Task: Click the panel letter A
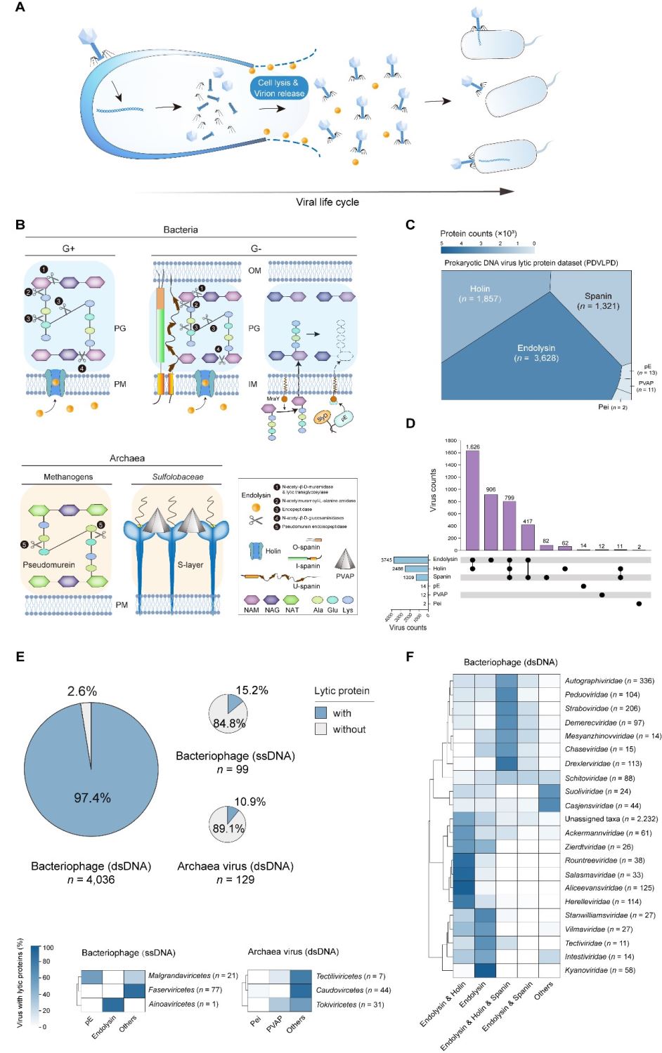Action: point(20,8)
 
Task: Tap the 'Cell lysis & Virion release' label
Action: point(279,88)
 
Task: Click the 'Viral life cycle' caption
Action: point(327,202)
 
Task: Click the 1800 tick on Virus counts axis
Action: point(450,441)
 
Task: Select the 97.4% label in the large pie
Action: point(92,797)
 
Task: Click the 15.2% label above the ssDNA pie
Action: point(252,690)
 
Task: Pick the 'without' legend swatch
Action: point(321,729)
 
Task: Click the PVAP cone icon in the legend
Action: point(345,559)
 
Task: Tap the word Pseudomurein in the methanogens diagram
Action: point(48,564)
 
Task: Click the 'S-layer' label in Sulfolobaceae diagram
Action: point(190,564)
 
